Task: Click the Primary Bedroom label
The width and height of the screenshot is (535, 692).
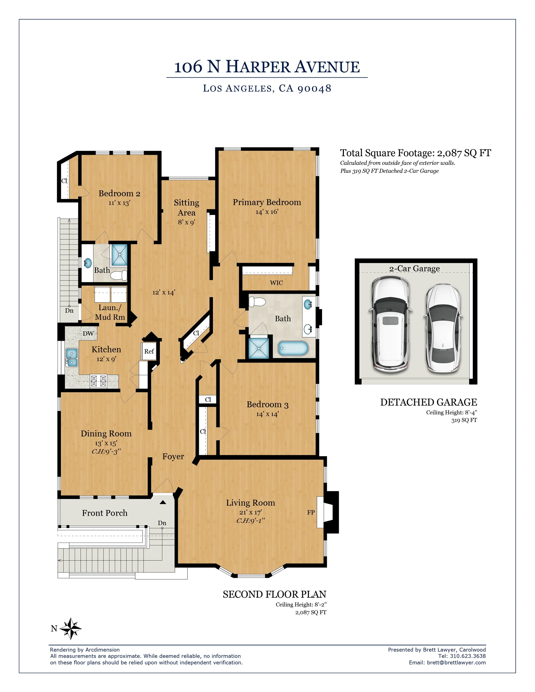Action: (x=267, y=202)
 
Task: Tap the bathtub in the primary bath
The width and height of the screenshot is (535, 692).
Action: (x=293, y=348)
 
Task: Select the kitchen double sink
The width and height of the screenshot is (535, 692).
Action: (x=72, y=357)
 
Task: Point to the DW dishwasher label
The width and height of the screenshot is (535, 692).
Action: (x=88, y=333)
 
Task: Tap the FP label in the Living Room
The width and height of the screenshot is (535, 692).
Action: (x=311, y=512)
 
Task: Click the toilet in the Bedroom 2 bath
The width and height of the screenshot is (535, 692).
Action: (x=119, y=275)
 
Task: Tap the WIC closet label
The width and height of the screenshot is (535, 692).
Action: (x=276, y=283)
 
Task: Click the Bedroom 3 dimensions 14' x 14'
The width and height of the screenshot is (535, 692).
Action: (x=267, y=414)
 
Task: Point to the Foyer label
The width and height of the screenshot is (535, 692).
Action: (x=173, y=456)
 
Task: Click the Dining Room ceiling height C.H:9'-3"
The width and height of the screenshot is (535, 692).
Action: (x=106, y=452)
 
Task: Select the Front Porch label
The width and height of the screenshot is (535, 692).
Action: (x=105, y=513)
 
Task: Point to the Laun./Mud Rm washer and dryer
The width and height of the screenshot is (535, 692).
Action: (x=110, y=294)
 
